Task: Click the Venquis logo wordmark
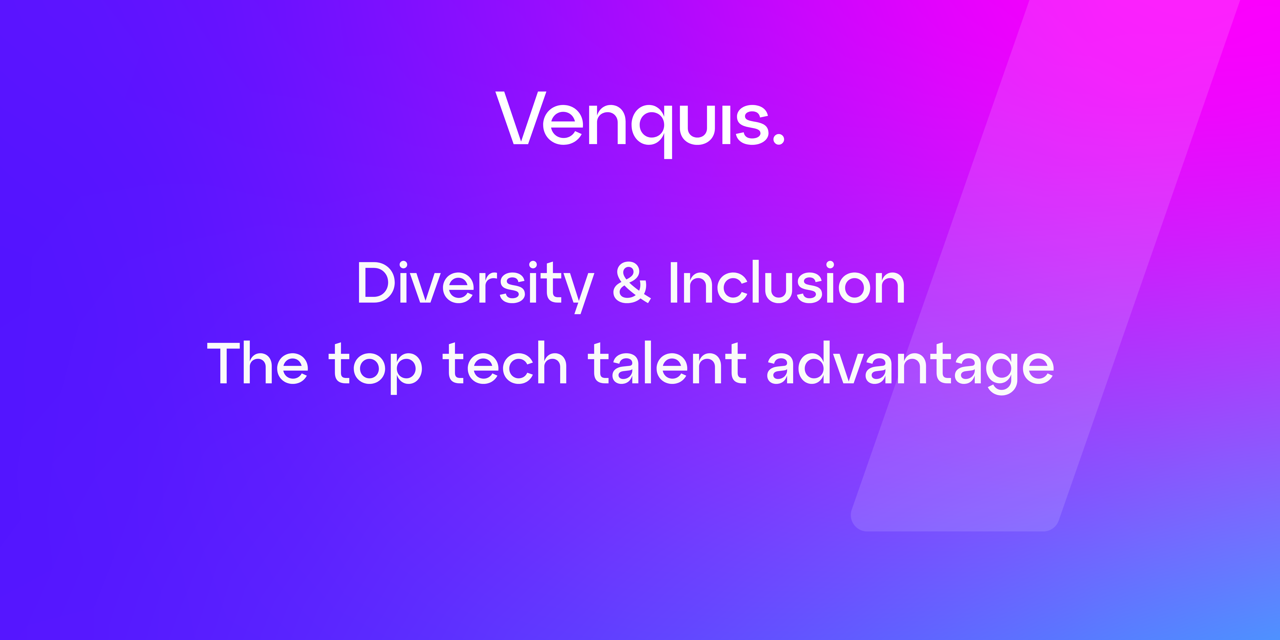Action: coord(640,124)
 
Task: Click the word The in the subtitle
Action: coord(257,363)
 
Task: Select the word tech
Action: coord(505,363)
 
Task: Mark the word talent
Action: coord(667,363)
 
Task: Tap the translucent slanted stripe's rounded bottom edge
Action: coord(954,530)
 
